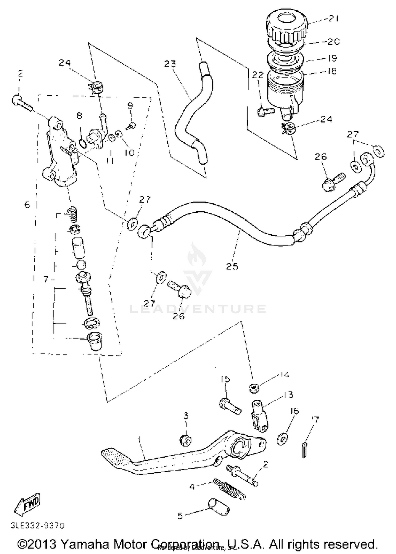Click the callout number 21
pos(333,18)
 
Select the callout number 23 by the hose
pos(170,64)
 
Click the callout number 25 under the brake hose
pos(232,266)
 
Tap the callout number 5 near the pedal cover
pos(180,516)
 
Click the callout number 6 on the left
pos(27,205)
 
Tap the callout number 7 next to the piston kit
pos(46,279)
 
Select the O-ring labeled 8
pos(82,144)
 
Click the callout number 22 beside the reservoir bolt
pos(258,75)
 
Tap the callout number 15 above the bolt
pos(225,379)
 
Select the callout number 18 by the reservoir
pos(332,71)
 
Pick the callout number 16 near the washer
pos(294,411)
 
